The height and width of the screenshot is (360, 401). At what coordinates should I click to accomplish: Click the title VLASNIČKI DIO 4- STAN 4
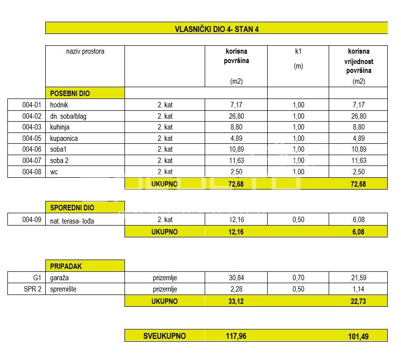[216, 29]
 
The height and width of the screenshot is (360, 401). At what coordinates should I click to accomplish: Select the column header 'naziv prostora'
[85, 51]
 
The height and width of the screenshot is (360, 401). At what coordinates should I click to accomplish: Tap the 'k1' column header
[298, 51]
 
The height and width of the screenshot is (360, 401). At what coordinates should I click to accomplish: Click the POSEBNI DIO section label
[70, 93]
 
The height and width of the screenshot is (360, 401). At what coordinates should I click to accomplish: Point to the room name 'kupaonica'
[64, 138]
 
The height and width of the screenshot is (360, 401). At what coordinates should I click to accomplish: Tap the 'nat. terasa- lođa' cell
[72, 221]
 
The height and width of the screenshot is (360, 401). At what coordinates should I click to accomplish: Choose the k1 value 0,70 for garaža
[298, 278]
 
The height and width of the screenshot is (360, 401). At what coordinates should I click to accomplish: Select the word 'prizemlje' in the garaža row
[165, 278]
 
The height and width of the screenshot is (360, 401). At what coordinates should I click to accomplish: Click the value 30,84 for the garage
[236, 278]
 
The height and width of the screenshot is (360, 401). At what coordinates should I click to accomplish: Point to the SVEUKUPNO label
[164, 336]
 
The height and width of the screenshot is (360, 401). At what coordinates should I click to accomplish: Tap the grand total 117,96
[236, 336]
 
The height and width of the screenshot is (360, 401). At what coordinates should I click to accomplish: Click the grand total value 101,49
[358, 336]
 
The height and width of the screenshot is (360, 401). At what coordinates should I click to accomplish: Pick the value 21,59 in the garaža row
[358, 278]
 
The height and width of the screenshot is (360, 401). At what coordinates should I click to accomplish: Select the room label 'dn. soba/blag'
[69, 116]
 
